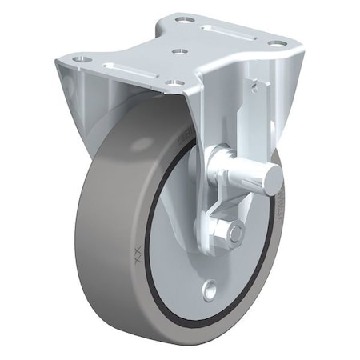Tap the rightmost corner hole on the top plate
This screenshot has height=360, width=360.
(276, 43)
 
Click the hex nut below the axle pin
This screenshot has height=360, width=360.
(234, 233)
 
